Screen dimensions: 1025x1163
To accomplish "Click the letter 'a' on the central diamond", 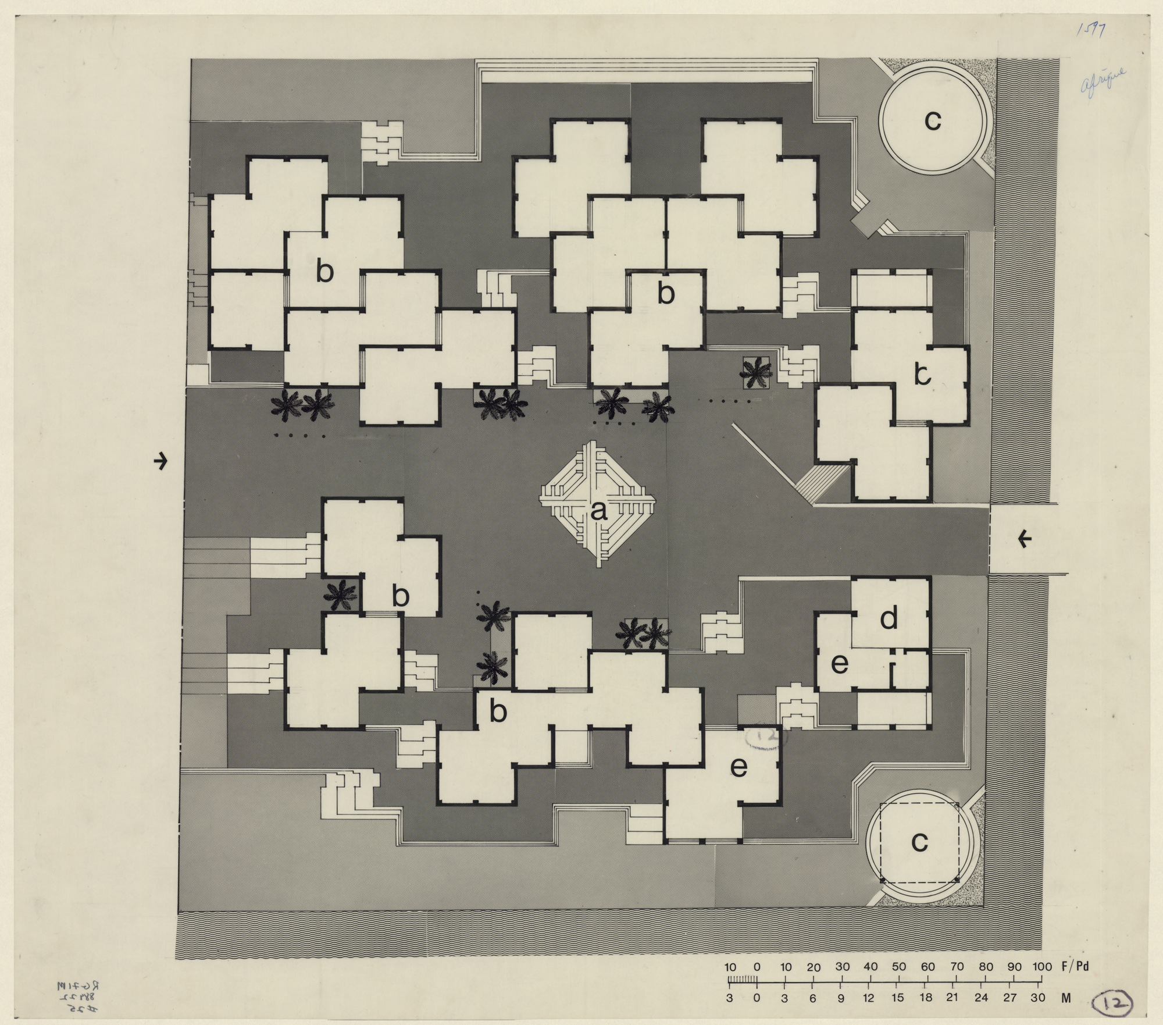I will tap(598, 511).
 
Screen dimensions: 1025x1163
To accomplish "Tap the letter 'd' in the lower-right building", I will tap(889, 618).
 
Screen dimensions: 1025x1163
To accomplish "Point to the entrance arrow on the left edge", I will tap(160, 462).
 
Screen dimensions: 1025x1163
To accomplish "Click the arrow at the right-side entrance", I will tap(1025, 540).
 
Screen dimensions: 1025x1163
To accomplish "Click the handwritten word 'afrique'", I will tap(1103, 80).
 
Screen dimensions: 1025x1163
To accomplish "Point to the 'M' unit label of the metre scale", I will tap(1066, 998).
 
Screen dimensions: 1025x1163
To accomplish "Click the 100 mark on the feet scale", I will tap(1043, 967).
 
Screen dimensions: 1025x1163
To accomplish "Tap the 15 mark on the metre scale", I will tap(898, 998).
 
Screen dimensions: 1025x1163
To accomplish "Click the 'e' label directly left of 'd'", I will tap(839, 664).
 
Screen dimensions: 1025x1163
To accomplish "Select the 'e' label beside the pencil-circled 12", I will tap(739, 767).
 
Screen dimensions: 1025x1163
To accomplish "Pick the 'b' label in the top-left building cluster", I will tap(324, 272).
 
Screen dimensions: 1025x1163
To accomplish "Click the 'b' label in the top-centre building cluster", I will tap(666, 294).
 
